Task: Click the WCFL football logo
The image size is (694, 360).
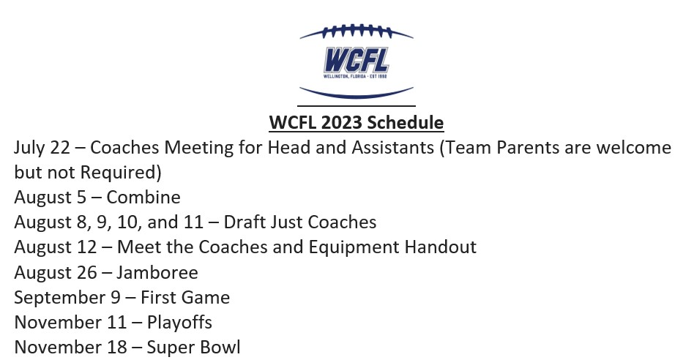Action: click(356, 60)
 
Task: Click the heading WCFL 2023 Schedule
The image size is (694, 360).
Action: click(356, 121)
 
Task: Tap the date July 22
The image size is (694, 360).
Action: click(41, 148)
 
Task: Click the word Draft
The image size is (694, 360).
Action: click(246, 222)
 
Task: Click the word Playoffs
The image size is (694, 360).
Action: click(179, 322)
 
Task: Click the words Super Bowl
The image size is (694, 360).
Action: click(193, 347)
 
